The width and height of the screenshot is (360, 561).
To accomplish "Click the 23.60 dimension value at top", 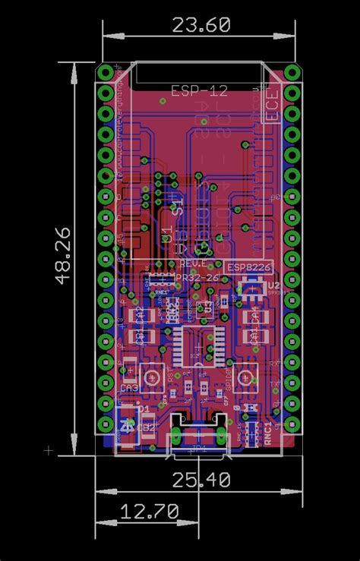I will tap(201, 25).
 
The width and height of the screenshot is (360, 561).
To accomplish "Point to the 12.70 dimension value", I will tap(150, 511).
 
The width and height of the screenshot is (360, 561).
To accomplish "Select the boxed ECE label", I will tap(272, 104).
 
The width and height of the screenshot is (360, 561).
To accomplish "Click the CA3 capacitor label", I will tap(130, 389).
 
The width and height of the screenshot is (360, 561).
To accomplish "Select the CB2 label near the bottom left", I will tap(147, 427).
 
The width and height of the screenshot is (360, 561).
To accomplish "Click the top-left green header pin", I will tap(105, 73).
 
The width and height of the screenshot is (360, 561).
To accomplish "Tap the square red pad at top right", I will tap(292, 73).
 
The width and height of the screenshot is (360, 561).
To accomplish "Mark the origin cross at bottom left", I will tap(49, 450).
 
